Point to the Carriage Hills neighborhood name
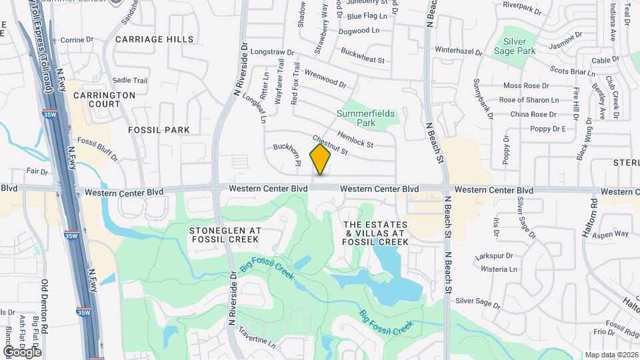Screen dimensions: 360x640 155,39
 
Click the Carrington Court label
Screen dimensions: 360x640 105,99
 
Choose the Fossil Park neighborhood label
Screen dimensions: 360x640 159,130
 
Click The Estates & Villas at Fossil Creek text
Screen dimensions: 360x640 377,234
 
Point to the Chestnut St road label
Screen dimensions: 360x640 330,145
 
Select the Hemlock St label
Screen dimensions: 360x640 355,139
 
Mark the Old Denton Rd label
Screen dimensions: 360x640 46,307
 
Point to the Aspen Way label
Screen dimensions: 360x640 611,234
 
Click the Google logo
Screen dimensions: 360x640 22,351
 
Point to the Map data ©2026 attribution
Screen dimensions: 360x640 611,355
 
